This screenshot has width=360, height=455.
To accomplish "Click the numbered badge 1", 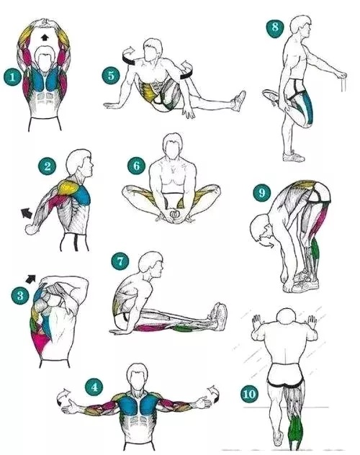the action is pos(12,77).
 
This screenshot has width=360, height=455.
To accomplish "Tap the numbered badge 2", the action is pos(48,166).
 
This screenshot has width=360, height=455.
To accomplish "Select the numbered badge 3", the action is pos(20,296).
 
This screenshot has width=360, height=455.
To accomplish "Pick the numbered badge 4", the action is pos(94,387).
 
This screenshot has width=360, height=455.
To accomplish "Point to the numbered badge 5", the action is pos(111,76).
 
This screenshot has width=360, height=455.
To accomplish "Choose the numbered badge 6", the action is pos(137,166).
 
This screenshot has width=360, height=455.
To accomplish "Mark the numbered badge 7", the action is pos(120,261).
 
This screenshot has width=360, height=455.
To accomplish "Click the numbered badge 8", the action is pos(275,27).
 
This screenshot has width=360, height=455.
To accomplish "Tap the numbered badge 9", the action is pos(261,193).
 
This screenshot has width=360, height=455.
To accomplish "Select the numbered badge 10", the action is pos(249,394).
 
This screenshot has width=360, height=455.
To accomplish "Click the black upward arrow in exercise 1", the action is pos(44,37).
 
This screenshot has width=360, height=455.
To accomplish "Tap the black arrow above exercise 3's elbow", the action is pos(31,279).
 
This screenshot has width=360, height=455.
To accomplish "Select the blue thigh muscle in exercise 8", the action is pos(308,107).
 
